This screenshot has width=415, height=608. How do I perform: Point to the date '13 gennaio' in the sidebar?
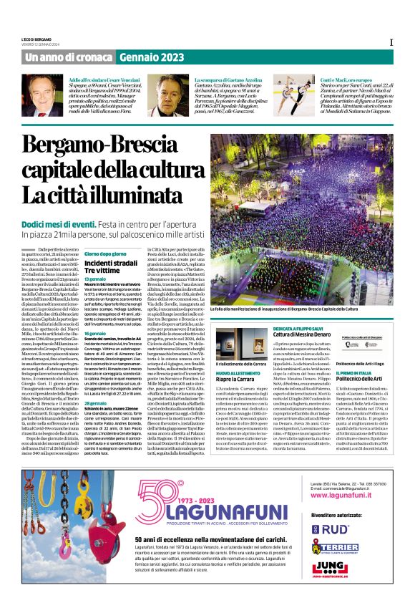point(95,279)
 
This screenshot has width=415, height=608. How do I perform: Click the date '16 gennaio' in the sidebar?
point(95,334)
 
